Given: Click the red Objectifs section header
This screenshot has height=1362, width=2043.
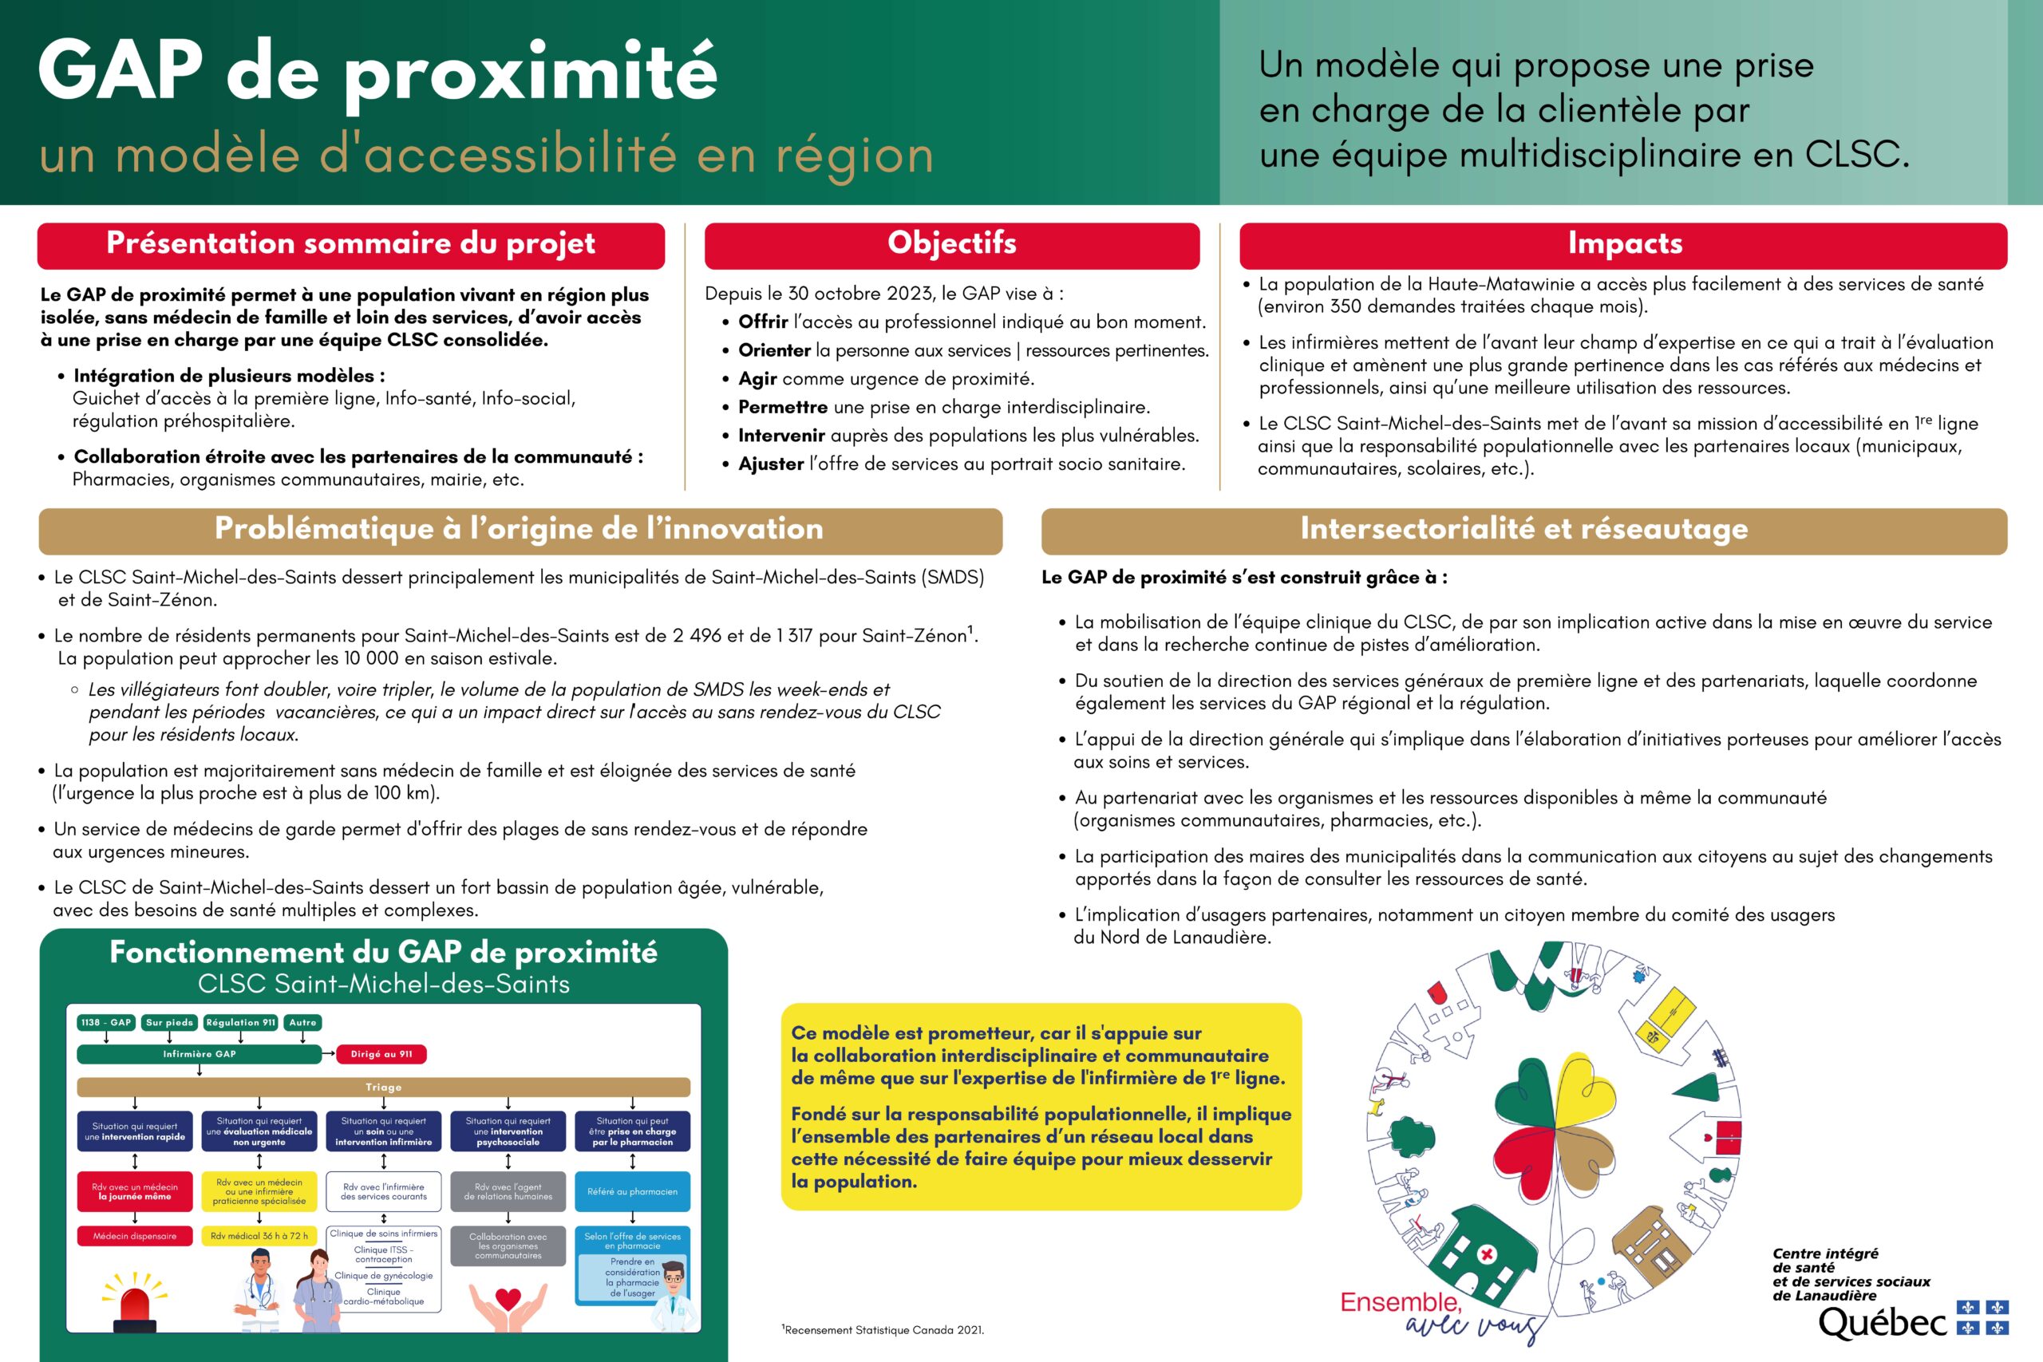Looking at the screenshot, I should [951, 245].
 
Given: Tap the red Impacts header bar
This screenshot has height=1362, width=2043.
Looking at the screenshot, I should [1622, 245].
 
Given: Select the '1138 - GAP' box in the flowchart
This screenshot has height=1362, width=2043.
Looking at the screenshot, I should [106, 1022].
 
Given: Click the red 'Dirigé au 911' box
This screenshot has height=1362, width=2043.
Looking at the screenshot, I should [381, 1054].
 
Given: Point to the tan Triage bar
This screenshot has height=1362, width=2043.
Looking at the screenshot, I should [383, 1087].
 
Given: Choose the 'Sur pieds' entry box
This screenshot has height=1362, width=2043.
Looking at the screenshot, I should [169, 1022].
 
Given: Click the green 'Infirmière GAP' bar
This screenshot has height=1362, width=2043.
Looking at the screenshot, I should [199, 1054].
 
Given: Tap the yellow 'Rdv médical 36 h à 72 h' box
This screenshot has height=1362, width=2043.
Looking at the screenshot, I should [259, 1235].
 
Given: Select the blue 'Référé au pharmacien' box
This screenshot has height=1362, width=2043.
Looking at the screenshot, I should [631, 1192].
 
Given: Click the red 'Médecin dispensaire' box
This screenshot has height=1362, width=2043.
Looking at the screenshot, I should [135, 1235].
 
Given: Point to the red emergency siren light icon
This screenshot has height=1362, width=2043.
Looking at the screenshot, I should [136, 1303].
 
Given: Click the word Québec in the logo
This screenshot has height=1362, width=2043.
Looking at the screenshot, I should [1882, 1323].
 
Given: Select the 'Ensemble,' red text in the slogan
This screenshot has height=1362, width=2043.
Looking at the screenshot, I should [1401, 1302].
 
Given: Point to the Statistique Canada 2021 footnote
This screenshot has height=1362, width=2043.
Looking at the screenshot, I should [883, 1330].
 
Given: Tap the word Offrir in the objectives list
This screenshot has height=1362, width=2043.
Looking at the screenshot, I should [763, 322].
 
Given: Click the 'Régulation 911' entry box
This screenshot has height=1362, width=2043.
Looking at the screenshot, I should [239, 1022].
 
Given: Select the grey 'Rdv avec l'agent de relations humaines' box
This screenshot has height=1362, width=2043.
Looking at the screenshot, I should [508, 1192].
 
